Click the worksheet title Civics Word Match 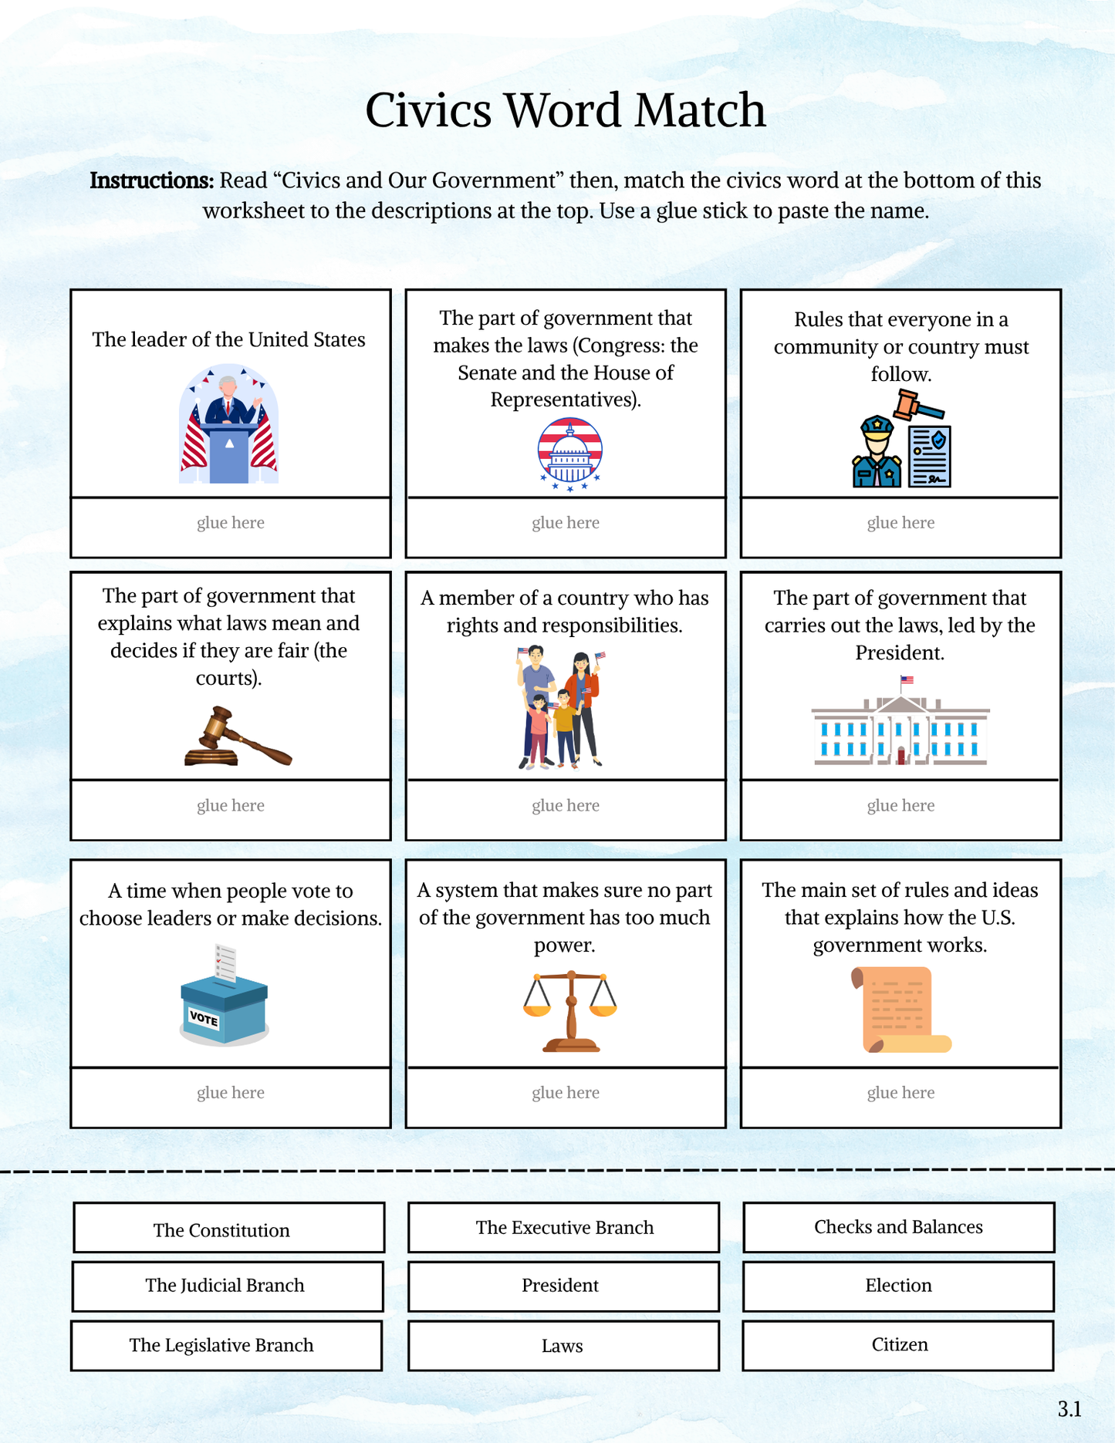[565, 110]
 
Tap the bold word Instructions [151, 180]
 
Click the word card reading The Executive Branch [563, 1227]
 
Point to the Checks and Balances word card [898, 1227]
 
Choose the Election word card [898, 1286]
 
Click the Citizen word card [898, 1345]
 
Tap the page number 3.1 [1069, 1410]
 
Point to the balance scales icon [570, 1011]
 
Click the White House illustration [900, 725]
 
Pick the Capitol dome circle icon [569, 453]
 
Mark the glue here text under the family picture [566, 806]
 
